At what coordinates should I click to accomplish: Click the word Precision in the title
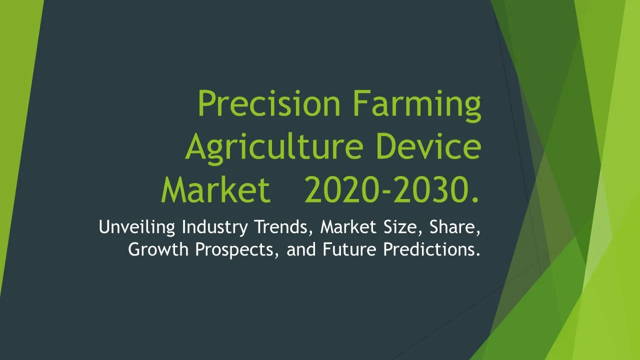[x=269, y=103]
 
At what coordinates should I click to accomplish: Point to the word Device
[x=429, y=146]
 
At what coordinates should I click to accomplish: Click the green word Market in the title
[x=215, y=189]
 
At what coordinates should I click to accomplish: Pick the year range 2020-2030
[x=391, y=189]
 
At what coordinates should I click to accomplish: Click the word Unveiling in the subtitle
[x=137, y=227]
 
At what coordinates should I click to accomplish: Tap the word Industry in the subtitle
[x=215, y=227]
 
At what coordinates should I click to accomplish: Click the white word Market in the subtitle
[x=348, y=227]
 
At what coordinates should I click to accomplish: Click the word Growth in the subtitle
[x=158, y=249]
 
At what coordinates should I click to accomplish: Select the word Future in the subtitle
[x=349, y=249]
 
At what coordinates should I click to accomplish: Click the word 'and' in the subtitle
[x=301, y=249]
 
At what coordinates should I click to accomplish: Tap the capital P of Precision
[x=207, y=103]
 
